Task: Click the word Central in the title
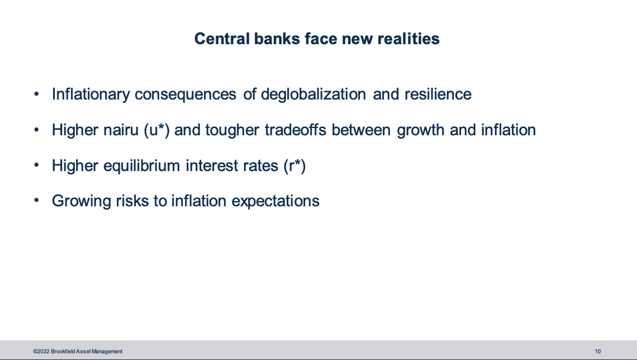222,38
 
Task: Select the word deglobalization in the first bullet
313,94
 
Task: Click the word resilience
438,94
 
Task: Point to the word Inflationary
91,94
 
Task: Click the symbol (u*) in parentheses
157,130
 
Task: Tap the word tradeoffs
295,130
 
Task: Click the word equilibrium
142,166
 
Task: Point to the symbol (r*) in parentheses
294,166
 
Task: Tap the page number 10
597,352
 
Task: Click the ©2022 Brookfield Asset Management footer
78,352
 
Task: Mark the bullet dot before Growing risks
37,200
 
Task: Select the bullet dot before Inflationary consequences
37,94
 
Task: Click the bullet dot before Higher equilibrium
37,165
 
